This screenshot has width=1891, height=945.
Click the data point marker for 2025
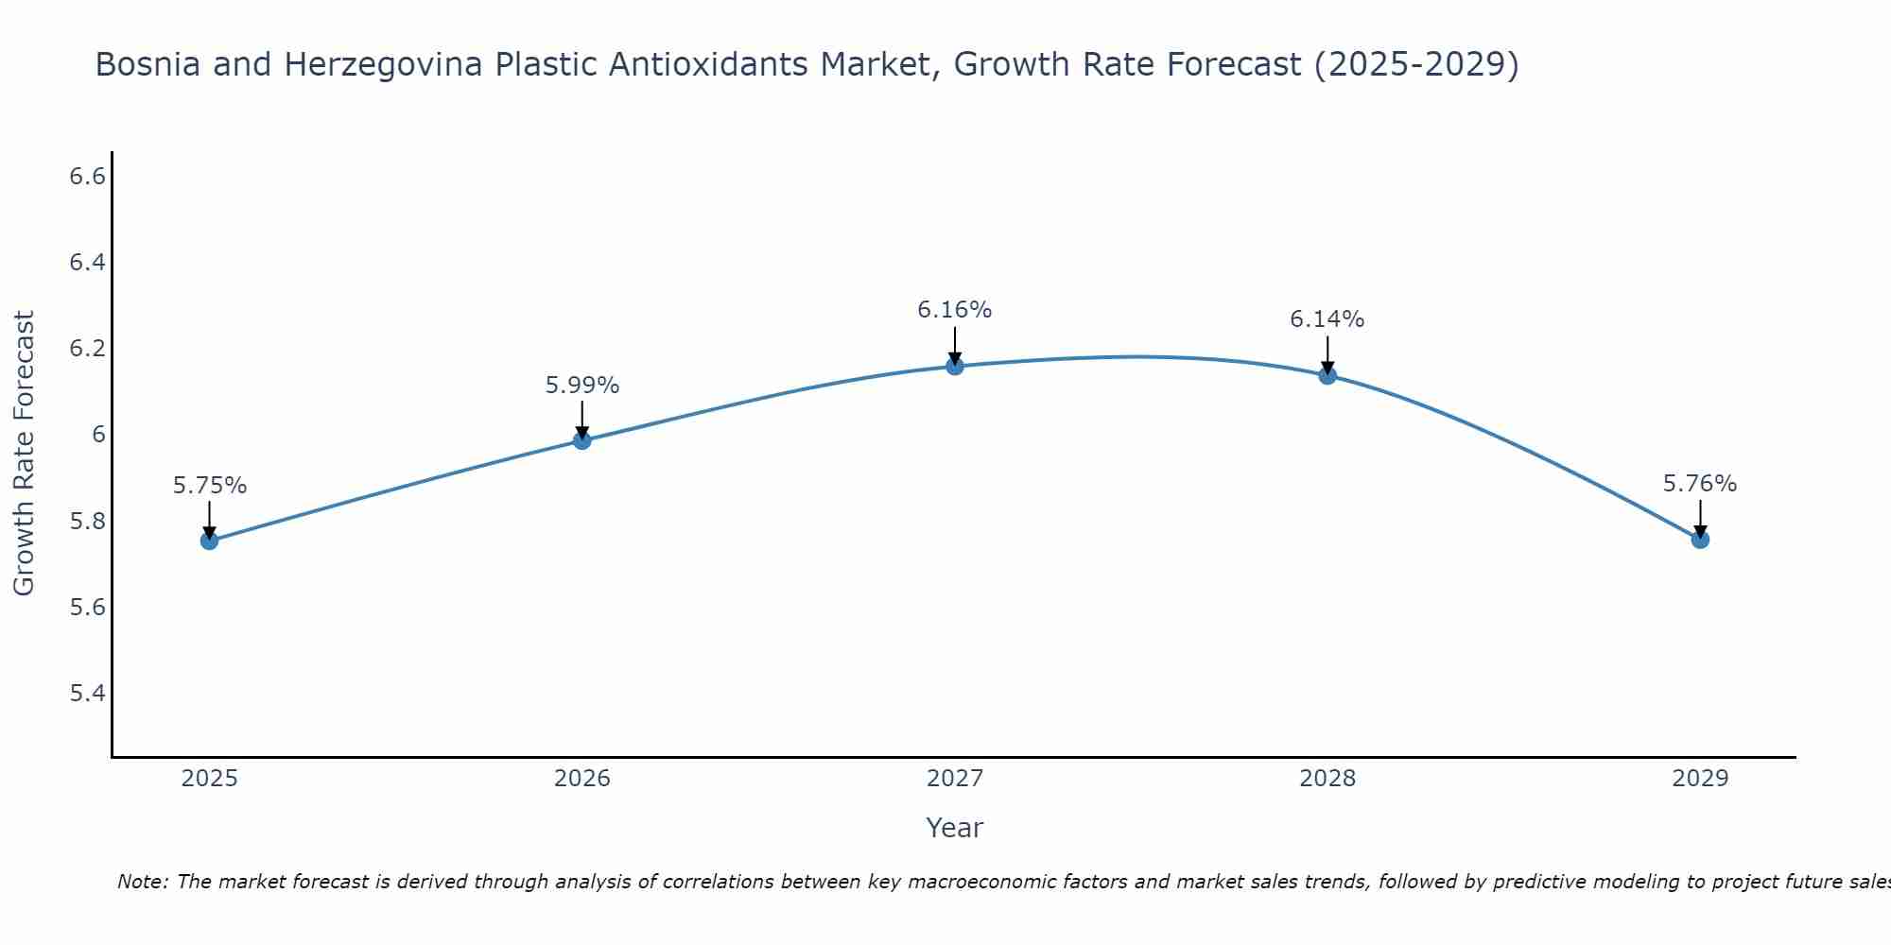[x=209, y=541]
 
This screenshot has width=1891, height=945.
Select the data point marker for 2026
[x=581, y=440]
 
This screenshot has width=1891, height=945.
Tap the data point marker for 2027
[x=955, y=366]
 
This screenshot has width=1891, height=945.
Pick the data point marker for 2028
[x=1327, y=375]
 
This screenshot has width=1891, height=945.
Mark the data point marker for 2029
[x=1700, y=540]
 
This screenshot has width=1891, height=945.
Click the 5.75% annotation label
[x=210, y=486]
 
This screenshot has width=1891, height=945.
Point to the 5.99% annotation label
[x=582, y=386]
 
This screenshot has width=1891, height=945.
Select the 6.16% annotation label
[x=955, y=310]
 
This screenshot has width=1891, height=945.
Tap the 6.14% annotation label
[x=1327, y=319]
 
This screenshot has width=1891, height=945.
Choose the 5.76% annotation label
[x=1700, y=484]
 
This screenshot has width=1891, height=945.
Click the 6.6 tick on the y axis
[x=87, y=177]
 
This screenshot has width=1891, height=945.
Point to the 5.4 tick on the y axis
[x=87, y=694]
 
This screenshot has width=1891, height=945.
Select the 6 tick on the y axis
[x=98, y=435]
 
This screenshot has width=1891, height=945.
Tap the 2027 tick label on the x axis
[x=955, y=779]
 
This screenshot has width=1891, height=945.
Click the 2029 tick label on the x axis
[x=1700, y=779]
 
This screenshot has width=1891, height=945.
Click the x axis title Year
[x=955, y=828]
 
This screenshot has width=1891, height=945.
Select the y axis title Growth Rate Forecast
[x=24, y=454]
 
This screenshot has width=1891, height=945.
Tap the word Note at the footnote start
[x=141, y=882]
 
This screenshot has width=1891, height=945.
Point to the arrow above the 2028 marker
[x=1327, y=354]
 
